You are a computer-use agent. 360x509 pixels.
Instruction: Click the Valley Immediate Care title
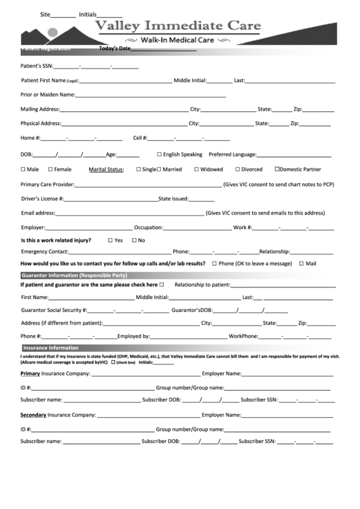(x=177, y=27)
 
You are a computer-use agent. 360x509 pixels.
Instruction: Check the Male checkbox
(x=23, y=169)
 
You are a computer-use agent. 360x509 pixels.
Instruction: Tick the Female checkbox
(x=49, y=169)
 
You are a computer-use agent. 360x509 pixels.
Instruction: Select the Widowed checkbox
(x=196, y=169)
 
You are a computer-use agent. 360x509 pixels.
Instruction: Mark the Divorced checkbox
(x=238, y=169)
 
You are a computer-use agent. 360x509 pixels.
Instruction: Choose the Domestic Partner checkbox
(x=277, y=169)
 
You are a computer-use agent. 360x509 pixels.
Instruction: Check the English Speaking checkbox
(x=160, y=154)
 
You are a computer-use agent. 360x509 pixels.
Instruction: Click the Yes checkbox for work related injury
(x=111, y=240)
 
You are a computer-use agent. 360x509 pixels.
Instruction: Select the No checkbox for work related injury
(x=134, y=240)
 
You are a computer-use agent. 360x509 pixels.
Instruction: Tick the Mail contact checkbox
(x=302, y=263)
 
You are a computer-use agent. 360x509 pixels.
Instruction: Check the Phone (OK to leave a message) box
(x=215, y=263)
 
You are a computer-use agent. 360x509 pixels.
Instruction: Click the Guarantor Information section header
(x=75, y=275)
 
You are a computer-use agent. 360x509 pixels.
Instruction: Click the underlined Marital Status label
(x=106, y=169)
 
